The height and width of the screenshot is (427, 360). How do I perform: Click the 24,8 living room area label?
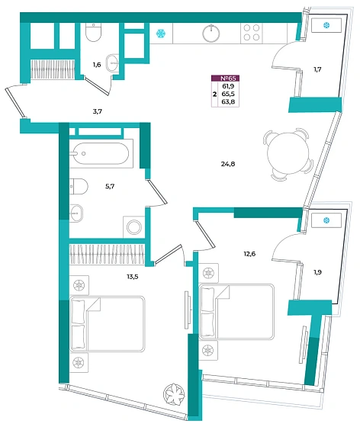pyautogui.click(x=228, y=164)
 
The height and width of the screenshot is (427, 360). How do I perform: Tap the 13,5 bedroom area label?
pyautogui.click(x=133, y=277)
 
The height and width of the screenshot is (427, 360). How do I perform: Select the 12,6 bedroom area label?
pyautogui.click(x=249, y=254)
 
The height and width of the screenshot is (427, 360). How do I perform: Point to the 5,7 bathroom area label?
pyautogui.click(x=110, y=186)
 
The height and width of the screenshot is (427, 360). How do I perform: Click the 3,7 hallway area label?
pyautogui.click(x=97, y=111)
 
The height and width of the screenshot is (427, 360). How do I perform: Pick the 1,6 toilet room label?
pyautogui.click(x=97, y=65)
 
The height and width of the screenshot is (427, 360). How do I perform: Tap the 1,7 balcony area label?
pyautogui.click(x=317, y=69)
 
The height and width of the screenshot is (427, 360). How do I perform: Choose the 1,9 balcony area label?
pyautogui.click(x=317, y=272)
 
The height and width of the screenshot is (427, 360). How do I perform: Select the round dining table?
pyautogui.click(x=288, y=153)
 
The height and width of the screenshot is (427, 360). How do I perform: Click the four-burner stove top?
pyautogui.click(x=252, y=33)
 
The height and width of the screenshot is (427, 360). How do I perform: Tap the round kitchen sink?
pyautogui.click(x=211, y=33)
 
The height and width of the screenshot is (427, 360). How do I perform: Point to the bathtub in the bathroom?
pyautogui.click(x=101, y=153)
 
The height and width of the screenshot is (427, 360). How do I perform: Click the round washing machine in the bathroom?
pyautogui.click(x=134, y=227)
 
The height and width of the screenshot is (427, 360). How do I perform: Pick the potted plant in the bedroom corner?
pyautogui.click(x=174, y=393)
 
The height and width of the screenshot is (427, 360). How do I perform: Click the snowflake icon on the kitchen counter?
pyautogui.click(x=161, y=34)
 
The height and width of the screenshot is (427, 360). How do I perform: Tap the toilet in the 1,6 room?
pyautogui.click(x=93, y=32)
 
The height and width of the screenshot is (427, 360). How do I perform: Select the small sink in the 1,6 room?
pyautogui.click(x=112, y=63)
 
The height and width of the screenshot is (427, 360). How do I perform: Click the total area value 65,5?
pyautogui.click(x=228, y=94)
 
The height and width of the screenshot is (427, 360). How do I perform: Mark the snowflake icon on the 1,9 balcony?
pyautogui.click(x=326, y=220)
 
